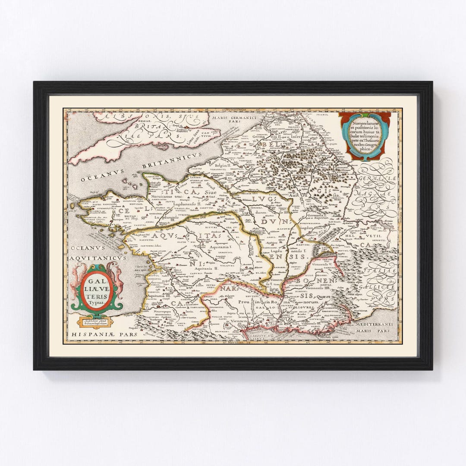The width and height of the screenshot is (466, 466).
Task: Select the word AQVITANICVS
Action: (98, 258)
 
